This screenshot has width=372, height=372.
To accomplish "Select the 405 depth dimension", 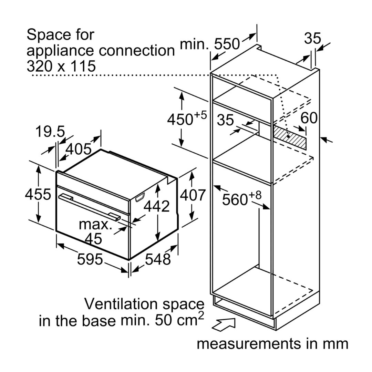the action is click(78, 149).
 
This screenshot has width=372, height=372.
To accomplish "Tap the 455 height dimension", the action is click(38, 194).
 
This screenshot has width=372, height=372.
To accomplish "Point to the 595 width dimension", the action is click(90, 259).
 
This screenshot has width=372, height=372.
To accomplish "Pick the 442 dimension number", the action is click(157, 206).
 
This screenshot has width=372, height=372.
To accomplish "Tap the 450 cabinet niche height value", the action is click(180, 119).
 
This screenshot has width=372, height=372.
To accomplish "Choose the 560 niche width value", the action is click(235, 199).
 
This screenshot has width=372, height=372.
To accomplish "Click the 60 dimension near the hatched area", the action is click(309, 118).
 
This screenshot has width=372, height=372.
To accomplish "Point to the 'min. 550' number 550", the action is click(227, 44).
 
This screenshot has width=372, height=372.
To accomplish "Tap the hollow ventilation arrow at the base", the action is click(223, 324).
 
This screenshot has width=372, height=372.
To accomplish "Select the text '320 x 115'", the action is click(61, 66).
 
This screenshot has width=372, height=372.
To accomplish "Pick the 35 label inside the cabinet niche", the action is click(225, 120).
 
